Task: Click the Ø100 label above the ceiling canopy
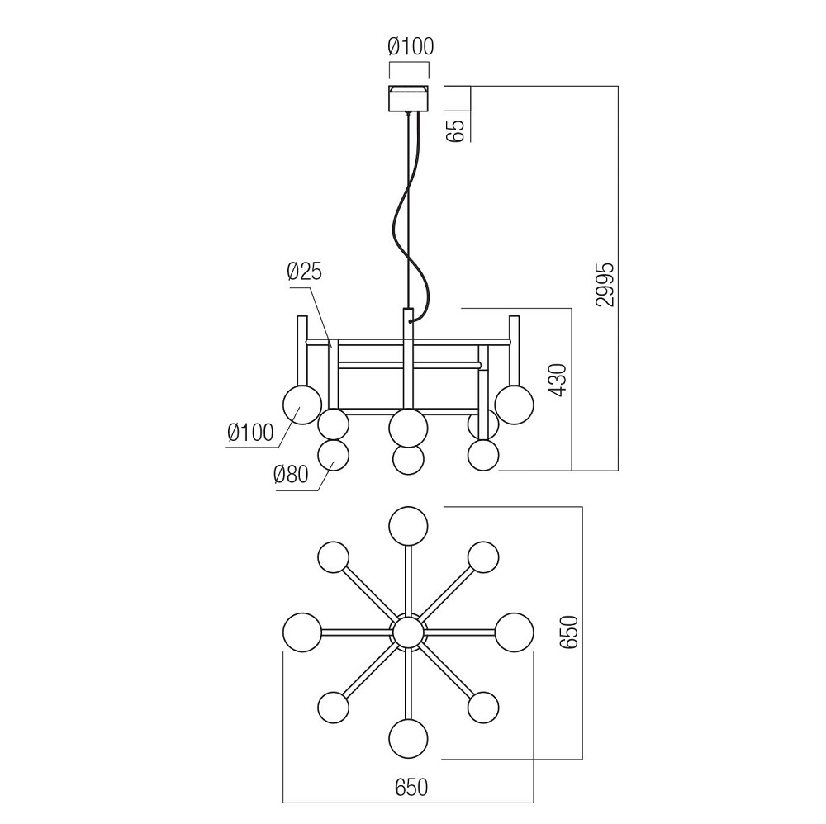pos(410,47)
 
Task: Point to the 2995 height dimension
pos(605,285)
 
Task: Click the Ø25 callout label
pos(304,271)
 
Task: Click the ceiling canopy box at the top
pos(409,99)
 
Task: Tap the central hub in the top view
pos(408,633)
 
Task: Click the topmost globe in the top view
pos(409,526)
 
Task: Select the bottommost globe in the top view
pos(409,737)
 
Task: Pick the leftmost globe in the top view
pos(301,632)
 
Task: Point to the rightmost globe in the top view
pos(515,632)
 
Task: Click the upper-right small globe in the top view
pos(483,557)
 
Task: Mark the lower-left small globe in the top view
pos(334,708)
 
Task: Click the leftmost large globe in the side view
pos(302,405)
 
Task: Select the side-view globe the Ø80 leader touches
pos(334,457)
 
